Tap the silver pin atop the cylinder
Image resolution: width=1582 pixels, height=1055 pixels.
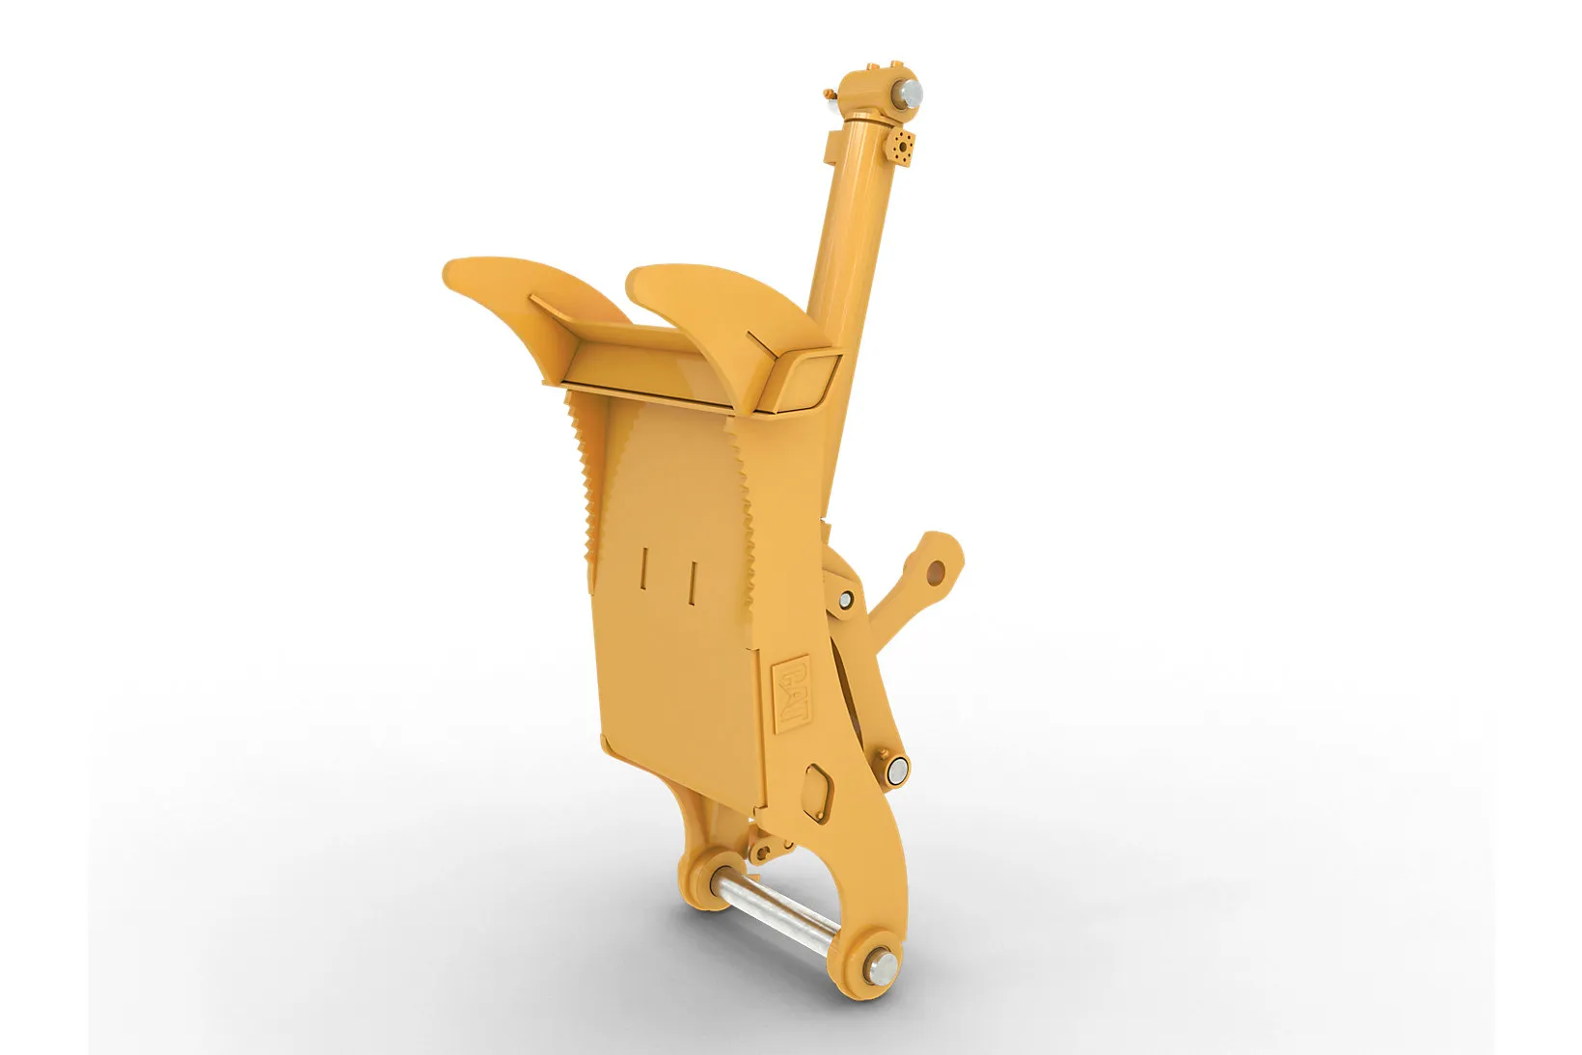click(909, 95)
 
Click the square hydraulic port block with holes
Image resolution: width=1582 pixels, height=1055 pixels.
click(900, 147)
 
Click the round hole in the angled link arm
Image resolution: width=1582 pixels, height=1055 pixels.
click(936, 571)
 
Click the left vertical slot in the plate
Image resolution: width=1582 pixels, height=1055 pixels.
click(643, 568)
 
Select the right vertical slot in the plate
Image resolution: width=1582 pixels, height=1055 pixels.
click(693, 583)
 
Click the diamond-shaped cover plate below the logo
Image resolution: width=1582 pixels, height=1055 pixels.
click(818, 793)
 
